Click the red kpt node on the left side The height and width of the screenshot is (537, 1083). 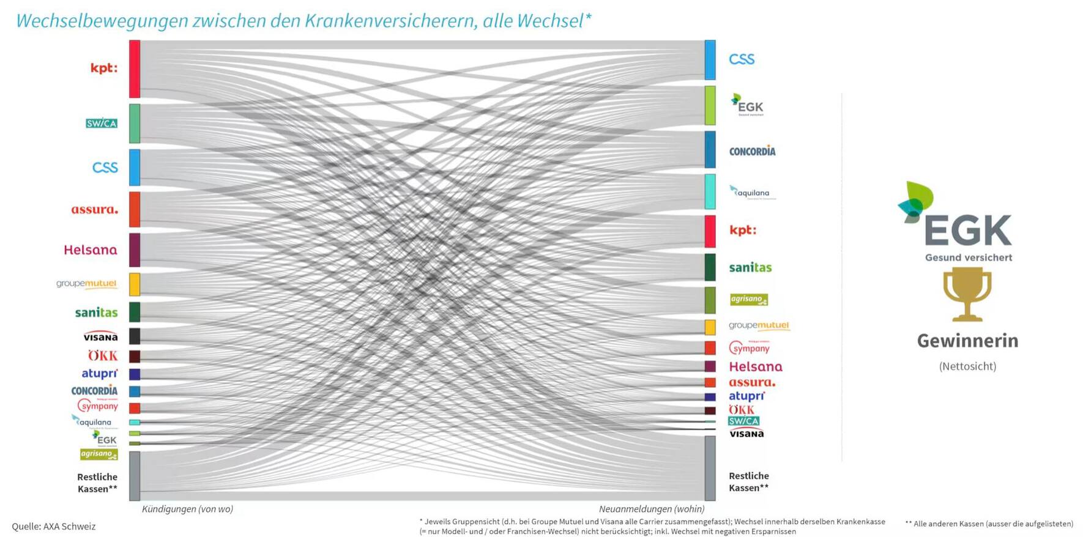pyautogui.click(x=135, y=69)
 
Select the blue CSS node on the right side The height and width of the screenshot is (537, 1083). pyautogui.click(x=710, y=60)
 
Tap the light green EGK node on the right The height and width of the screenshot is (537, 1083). pyautogui.click(x=710, y=105)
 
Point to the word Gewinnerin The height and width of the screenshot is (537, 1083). pyautogui.click(x=967, y=341)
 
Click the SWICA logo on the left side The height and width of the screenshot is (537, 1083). pyautogui.click(x=102, y=124)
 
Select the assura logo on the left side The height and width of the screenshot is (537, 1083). pyautogui.click(x=94, y=210)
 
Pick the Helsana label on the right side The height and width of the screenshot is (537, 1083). pyautogui.click(x=756, y=367)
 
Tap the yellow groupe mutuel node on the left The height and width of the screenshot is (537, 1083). pyautogui.click(x=135, y=284)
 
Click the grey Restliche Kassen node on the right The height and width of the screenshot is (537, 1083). pyautogui.click(x=710, y=468)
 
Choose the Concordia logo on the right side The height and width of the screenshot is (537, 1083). pyautogui.click(x=752, y=151)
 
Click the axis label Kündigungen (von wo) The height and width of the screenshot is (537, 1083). pyautogui.click(x=187, y=509)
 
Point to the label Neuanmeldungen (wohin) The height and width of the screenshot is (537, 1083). pyautogui.click(x=652, y=509)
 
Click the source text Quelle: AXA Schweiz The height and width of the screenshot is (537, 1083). pyautogui.click(x=54, y=526)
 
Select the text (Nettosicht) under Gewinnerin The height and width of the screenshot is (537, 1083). pyautogui.click(x=967, y=366)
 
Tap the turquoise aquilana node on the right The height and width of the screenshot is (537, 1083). pyautogui.click(x=710, y=191)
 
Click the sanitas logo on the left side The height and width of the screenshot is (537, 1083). pyautogui.click(x=96, y=313)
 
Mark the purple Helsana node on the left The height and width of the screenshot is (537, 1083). pyautogui.click(x=135, y=250)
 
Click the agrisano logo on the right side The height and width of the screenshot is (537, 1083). pyautogui.click(x=749, y=299)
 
